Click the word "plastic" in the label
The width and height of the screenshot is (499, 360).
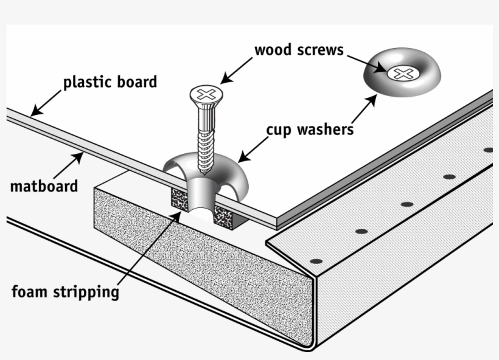tap(85, 82)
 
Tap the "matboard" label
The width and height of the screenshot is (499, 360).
tap(44, 185)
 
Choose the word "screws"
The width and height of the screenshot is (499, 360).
tap(321, 49)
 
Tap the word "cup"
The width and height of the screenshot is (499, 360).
tap(277, 129)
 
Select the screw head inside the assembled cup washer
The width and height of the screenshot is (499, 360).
tap(402, 74)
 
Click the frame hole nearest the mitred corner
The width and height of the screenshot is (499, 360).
tap(315, 261)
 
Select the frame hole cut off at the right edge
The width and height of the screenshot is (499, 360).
tap(489, 150)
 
